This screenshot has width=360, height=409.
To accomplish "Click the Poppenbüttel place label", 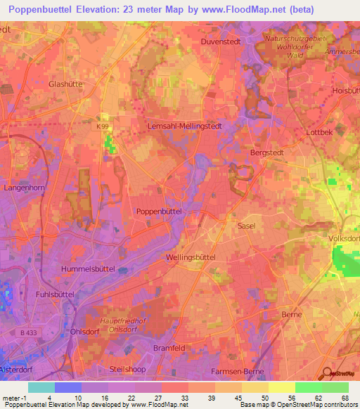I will point(160,211).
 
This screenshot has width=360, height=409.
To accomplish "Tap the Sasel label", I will point(247,226).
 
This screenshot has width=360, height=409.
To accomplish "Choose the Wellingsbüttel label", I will point(190,258).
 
